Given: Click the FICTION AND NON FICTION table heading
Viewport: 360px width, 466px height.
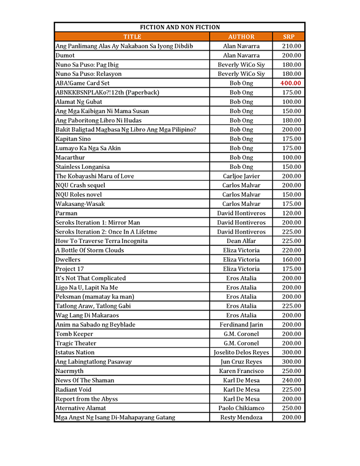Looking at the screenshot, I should point(179,27).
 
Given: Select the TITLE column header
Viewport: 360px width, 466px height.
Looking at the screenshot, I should point(132,37).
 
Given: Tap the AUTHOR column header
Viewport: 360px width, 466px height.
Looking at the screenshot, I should point(241,37).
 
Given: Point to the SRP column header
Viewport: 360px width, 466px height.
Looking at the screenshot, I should point(289,37).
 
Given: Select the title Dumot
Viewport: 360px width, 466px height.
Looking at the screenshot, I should point(65,55).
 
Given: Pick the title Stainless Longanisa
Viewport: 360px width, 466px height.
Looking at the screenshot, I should point(83,167).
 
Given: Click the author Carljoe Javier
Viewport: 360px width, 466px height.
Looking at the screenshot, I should point(241,176).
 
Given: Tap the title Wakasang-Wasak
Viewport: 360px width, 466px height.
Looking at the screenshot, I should point(80,204).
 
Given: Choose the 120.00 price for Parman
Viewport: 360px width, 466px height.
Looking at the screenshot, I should point(291,213).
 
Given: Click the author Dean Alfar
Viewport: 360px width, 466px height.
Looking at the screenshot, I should point(241,241).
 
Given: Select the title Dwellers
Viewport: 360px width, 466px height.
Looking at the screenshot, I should point(68,259).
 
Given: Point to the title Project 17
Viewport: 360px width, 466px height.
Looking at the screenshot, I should point(70,268).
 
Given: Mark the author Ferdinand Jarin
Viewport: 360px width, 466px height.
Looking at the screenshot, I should point(241,324).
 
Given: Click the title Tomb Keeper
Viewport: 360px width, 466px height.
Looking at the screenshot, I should point(74,334).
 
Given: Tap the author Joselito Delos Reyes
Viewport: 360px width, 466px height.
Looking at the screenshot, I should point(241,352).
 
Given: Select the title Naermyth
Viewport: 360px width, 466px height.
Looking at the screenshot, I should point(70,371).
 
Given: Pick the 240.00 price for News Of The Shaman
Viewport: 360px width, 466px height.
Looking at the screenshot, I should point(291,380).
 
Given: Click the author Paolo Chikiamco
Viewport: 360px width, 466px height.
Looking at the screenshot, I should point(241,408).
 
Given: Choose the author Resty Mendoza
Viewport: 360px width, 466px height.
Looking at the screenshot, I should point(241,417).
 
